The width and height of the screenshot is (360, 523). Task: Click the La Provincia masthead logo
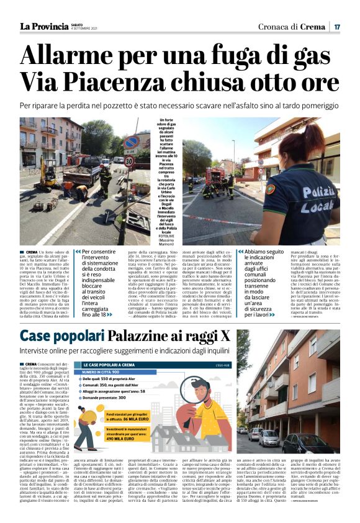[x=43, y=26]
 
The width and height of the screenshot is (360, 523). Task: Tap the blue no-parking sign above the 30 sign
[x=130, y=143]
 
